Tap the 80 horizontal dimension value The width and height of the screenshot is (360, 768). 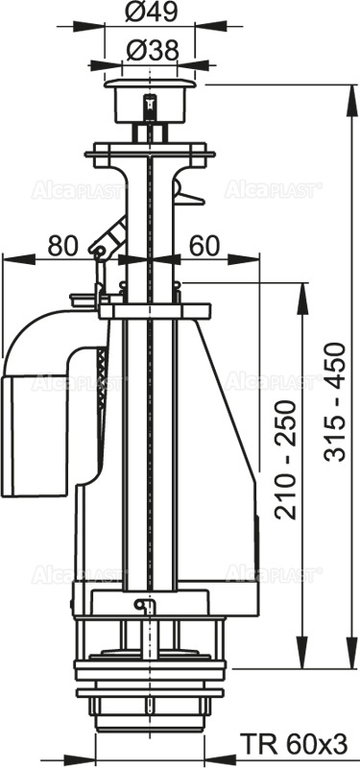pos(62,246)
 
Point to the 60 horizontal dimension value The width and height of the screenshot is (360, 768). pos(202,246)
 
